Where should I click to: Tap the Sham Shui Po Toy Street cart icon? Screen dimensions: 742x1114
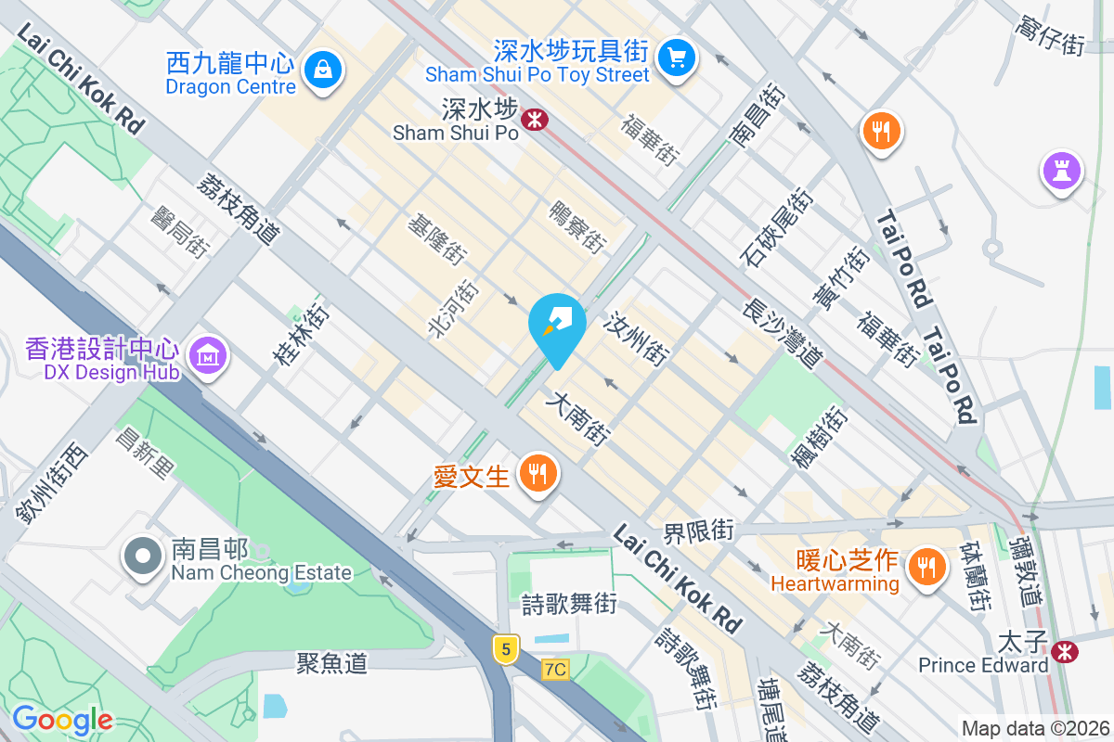[x=677, y=59]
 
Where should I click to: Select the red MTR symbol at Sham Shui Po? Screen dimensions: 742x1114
[x=534, y=119]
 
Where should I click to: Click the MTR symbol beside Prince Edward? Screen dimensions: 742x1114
[x=1066, y=652]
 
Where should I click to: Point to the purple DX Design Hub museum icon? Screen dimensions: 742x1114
[x=205, y=353]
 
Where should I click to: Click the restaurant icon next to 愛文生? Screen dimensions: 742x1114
[x=537, y=474]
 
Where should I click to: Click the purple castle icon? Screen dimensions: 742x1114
[x=1061, y=170]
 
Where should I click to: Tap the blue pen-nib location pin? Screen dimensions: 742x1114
[x=557, y=326]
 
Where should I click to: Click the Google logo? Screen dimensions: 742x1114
[x=62, y=720]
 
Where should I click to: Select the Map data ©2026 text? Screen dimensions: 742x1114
[x=1034, y=728]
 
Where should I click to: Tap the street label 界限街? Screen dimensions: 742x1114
[x=698, y=532]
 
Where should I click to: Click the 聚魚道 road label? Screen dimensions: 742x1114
[x=331, y=663]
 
